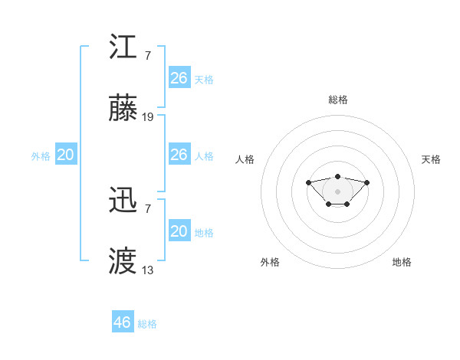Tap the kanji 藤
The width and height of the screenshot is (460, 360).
pyautogui.click(x=123, y=110)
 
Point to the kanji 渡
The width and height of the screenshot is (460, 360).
pyautogui.click(x=123, y=262)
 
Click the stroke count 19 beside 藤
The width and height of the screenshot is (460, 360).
pyautogui.click(x=148, y=117)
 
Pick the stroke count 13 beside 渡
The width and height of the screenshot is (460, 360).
pyautogui.click(x=148, y=270)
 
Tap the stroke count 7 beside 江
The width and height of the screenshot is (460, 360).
pyautogui.click(x=148, y=55)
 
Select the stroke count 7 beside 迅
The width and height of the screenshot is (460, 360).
pyautogui.click(x=148, y=208)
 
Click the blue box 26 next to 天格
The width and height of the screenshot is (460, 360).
pyautogui.click(x=179, y=77)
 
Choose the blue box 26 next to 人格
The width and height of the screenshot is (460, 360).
pyautogui.click(x=179, y=154)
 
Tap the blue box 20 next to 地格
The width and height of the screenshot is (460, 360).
pyautogui.click(x=179, y=231)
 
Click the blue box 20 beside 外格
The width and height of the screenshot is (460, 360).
pyautogui.click(x=65, y=154)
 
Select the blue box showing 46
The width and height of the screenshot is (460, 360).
pyautogui.click(x=122, y=322)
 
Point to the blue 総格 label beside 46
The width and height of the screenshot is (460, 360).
pyautogui.click(x=147, y=324)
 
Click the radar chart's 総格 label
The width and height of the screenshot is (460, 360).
pyautogui.click(x=337, y=100)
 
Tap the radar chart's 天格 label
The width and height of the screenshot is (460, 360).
pyautogui.click(x=432, y=159)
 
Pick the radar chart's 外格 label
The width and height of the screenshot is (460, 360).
pyautogui.click(x=270, y=262)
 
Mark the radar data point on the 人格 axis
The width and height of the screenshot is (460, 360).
pyautogui.click(x=308, y=182)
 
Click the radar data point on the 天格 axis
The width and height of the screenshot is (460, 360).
pyautogui.click(x=366, y=182)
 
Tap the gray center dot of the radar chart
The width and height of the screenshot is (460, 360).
pyautogui.click(x=337, y=191)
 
